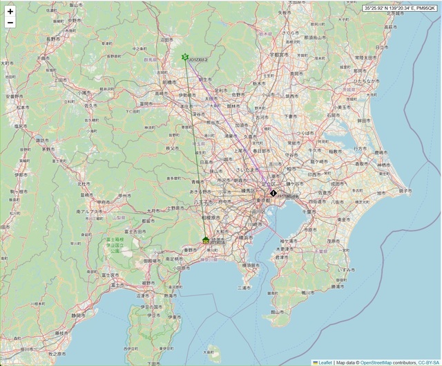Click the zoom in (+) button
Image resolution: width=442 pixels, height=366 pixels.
pos(10,11)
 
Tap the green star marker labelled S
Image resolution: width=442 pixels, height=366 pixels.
pos(184,57)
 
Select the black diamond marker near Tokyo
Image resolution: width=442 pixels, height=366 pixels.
pos(273,194)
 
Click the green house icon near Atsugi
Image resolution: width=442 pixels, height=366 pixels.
pos(206,239)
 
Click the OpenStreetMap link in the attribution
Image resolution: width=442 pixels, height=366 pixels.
pos(379,362)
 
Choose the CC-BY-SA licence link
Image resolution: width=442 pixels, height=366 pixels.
pos(427,362)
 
